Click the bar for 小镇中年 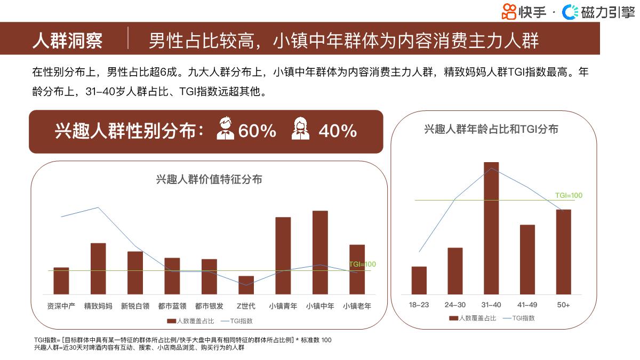pos(320,252)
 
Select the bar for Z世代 pos(246,285)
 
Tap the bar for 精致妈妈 pos(98,268)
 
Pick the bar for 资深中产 pos(61,281)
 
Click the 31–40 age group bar pos(491,228)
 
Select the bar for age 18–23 pos(419,281)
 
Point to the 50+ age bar pos(563,252)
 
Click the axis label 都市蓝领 pos(172,306)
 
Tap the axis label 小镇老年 pos(357,306)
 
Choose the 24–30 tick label pos(455,305)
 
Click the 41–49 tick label pos(527,305)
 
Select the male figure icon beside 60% pos(226,130)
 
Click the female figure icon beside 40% pos(301,130)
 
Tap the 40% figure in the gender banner pos(337,131)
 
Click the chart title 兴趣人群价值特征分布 pos(209,179)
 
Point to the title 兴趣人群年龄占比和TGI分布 pos(491,129)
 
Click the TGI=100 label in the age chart pos(569,195)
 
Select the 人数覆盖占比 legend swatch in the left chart pos(171,321)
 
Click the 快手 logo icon pos(509,11)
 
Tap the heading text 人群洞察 pos(67,41)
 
